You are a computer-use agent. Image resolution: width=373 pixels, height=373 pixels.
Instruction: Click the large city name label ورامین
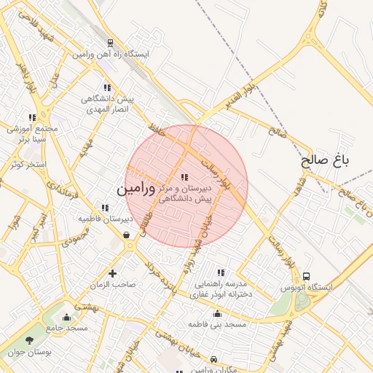tap(136, 189)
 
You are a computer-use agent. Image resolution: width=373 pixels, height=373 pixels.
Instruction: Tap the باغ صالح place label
tap(326, 160)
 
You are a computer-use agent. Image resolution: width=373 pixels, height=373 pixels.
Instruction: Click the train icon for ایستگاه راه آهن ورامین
tap(110, 43)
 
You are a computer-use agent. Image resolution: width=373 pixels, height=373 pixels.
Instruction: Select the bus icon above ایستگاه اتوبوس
tap(306, 277)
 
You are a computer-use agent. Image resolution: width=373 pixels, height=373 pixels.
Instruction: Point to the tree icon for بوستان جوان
tap(29, 340)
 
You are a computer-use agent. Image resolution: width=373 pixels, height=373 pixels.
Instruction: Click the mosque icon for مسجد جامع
tap(67, 317)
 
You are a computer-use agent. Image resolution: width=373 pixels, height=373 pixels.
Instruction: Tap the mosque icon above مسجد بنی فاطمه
tap(217, 314)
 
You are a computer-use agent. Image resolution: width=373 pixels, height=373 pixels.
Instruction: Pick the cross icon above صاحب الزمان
tap(112, 273)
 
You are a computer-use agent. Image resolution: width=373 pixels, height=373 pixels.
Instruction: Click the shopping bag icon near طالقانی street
tap(127, 235)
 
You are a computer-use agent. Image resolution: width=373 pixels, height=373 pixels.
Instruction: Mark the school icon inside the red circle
tap(184, 176)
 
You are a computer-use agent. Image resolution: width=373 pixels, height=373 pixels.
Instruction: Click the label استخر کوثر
tap(28, 165)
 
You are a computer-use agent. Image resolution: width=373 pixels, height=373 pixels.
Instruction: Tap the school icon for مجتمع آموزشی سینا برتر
tap(32, 117)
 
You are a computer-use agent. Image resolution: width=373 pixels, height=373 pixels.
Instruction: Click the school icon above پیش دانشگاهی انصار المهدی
tap(107, 87)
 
